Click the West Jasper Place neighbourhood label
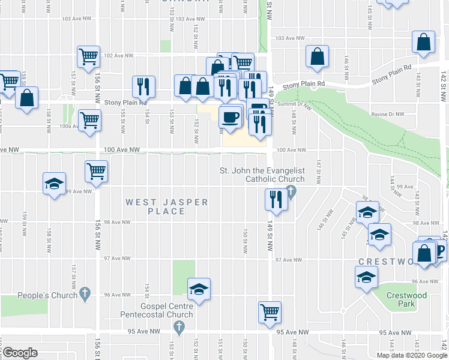[x=167, y=206]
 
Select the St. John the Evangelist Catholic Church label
[x=262, y=175]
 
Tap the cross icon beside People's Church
[x=85, y=294]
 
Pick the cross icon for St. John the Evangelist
[x=292, y=192]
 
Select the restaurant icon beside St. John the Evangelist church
[x=276, y=199]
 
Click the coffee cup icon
[x=231, y=116]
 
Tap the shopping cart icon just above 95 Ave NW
[x=270, y=311]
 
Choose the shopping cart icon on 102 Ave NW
[x=89, y=56]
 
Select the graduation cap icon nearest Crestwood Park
[x=366, y=278]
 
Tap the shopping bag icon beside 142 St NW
[x=424, y=43]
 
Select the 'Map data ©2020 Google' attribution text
[x=411, y=355]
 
